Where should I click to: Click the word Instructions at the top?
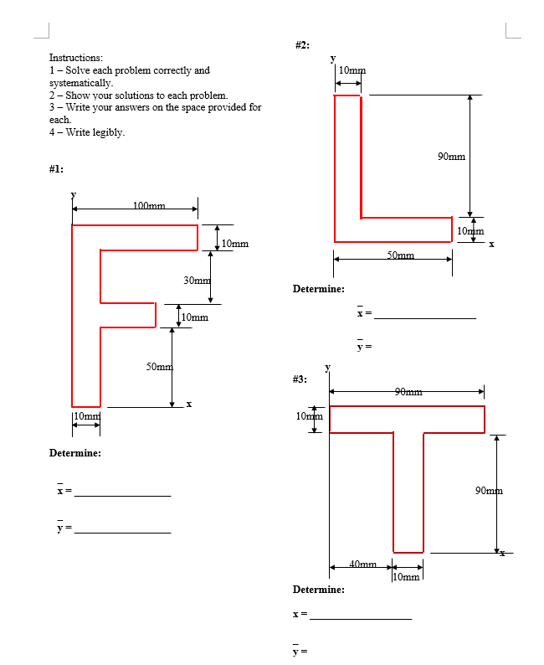click(76, 58)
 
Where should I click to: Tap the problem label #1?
click(56, 168)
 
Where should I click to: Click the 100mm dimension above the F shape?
click(149, 205)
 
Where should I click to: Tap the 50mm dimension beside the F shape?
click(159, 367)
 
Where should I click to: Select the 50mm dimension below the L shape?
click(400, 255)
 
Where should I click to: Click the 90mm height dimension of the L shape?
click(451, 156)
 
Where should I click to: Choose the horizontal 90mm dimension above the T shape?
click(408, 391)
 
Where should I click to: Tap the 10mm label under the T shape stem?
click(407, 577)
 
